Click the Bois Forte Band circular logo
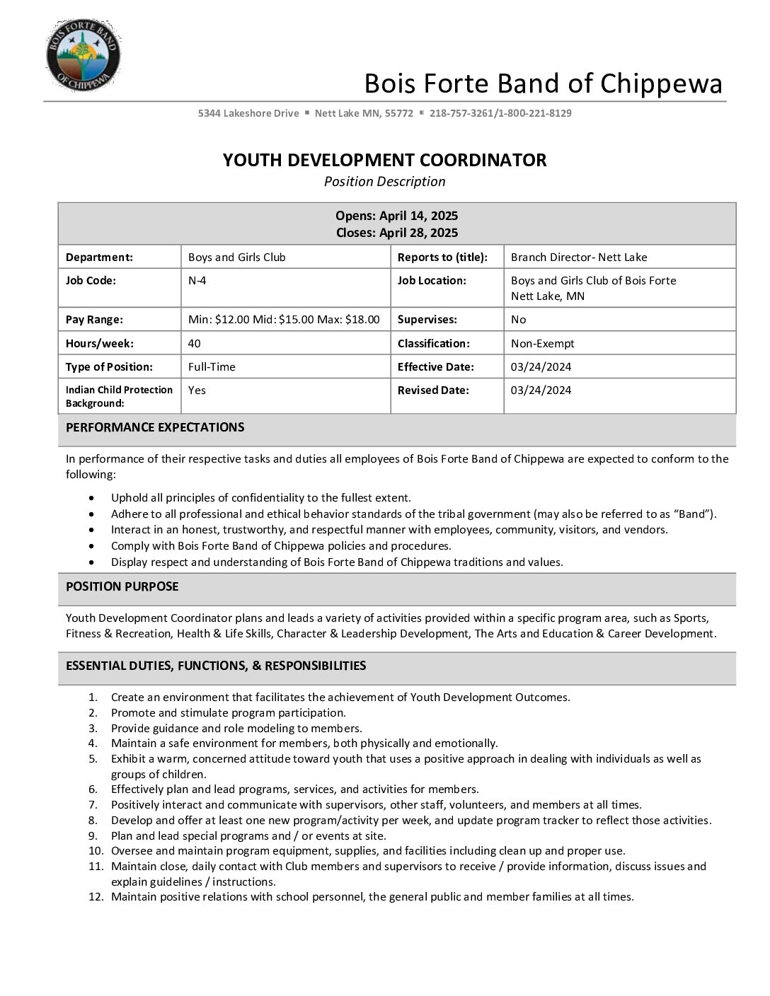point(83,55)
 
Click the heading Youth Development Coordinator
point(384,160)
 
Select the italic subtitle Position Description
point(384,182)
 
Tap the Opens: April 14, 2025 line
point(396,216)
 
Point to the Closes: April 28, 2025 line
point(396,233)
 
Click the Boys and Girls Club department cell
point(236,257)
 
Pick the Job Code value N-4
point(197,280)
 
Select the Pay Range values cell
point(284,320)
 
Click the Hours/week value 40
point(194,344)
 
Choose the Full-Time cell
point(212,367)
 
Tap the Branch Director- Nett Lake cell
point(579,257)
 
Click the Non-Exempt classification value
point(542,344)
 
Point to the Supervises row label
point(427,320)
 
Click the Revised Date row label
point(433,390)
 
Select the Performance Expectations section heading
point(155,427)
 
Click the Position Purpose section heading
point(122,586)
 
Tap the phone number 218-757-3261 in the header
point(461,113)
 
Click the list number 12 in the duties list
point(96,897)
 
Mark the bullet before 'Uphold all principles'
point(92,498)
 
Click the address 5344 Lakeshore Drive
point(248,113)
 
